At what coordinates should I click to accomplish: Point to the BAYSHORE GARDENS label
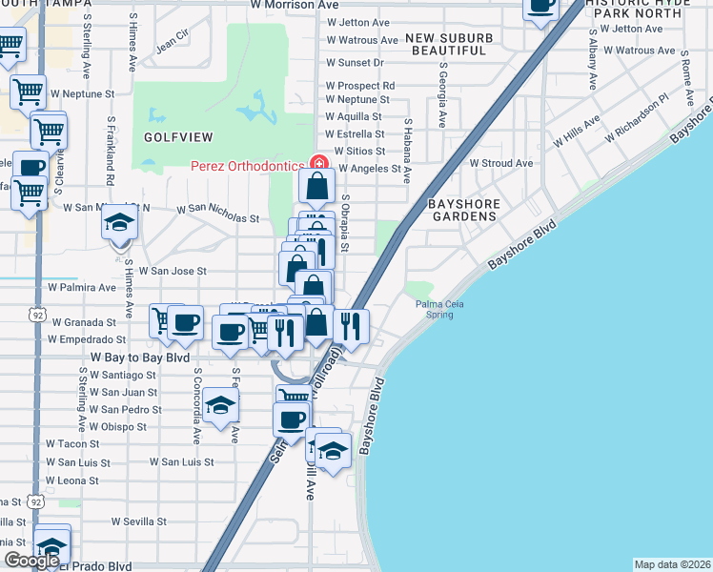click(462, 210)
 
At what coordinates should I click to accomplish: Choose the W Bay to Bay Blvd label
click(139, 357)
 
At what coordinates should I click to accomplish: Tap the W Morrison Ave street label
click(295, 5)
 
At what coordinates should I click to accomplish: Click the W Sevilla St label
click(138, 521)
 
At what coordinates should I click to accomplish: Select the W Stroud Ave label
click(500, 163)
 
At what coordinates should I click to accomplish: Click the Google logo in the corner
click(31, 561)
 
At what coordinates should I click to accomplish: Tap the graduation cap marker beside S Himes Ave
click(120, 225)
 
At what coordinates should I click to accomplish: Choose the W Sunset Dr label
click(355, 62)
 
